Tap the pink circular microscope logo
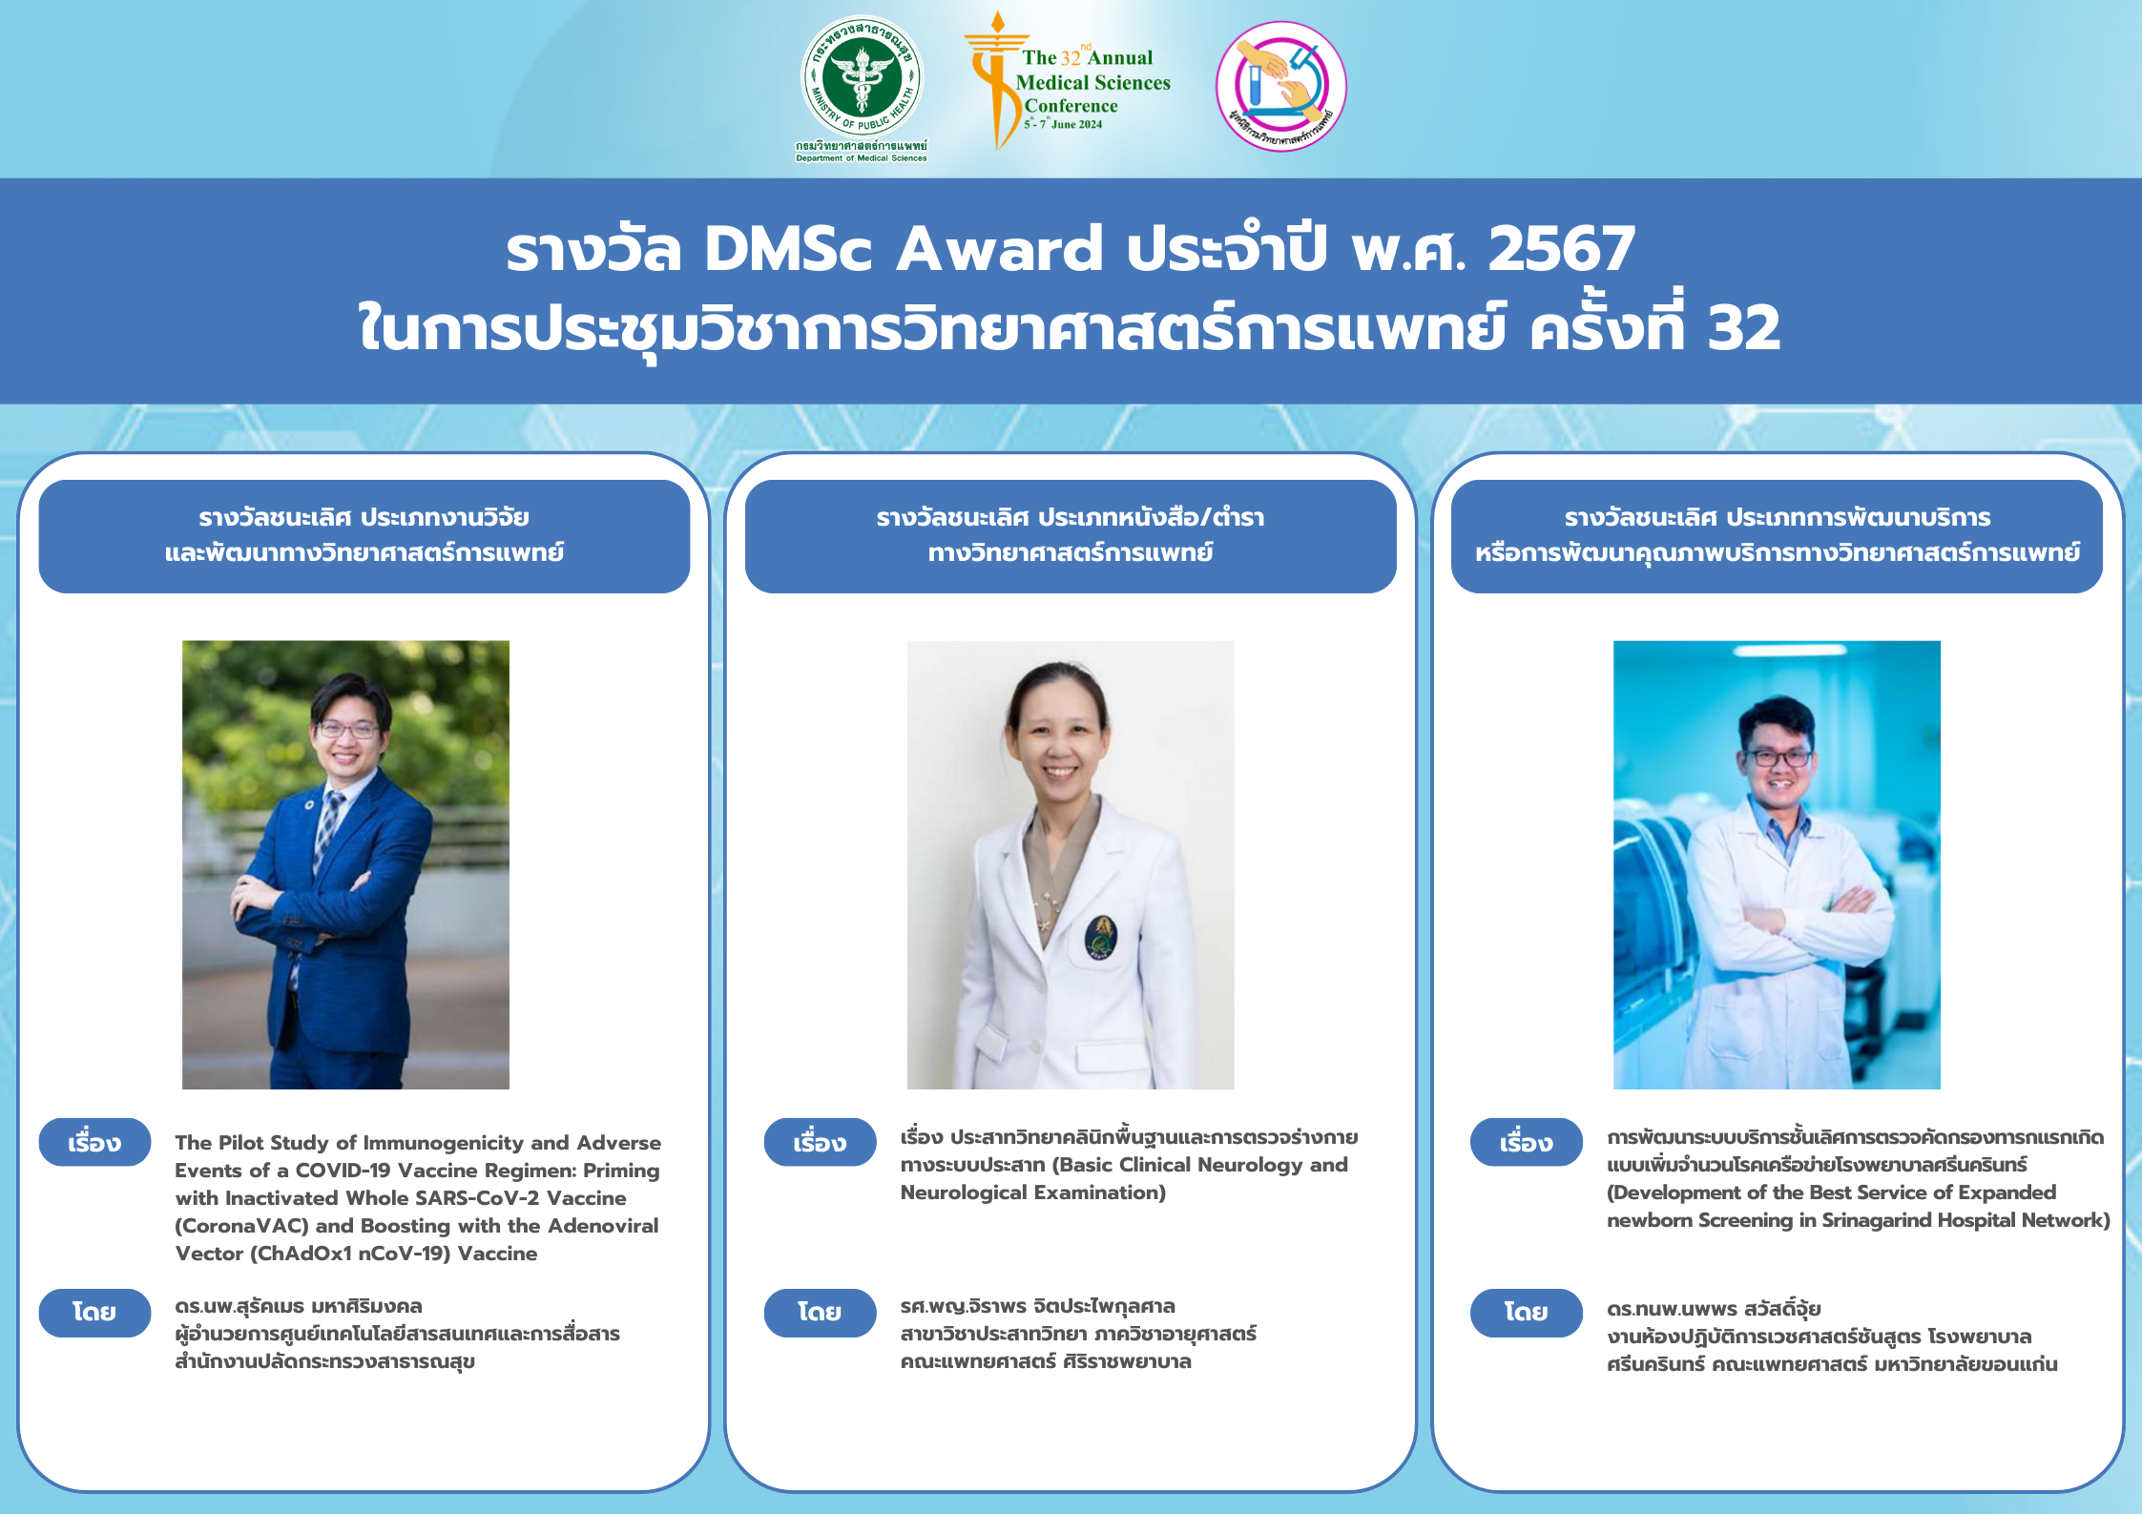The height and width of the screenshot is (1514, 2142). [1280, 86]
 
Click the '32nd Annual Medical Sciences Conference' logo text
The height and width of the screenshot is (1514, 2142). [1092, 82]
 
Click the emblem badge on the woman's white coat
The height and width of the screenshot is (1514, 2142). [1101, 937]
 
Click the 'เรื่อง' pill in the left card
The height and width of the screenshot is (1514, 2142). [94, 1142]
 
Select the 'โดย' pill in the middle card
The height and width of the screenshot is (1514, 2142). [820, 1313]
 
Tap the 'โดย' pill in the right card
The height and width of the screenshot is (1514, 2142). [1526, 1313]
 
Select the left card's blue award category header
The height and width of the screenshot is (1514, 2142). [364, 535]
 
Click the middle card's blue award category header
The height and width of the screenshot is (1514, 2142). [1071, 535]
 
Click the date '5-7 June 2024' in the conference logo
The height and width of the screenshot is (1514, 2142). [1064, 124]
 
